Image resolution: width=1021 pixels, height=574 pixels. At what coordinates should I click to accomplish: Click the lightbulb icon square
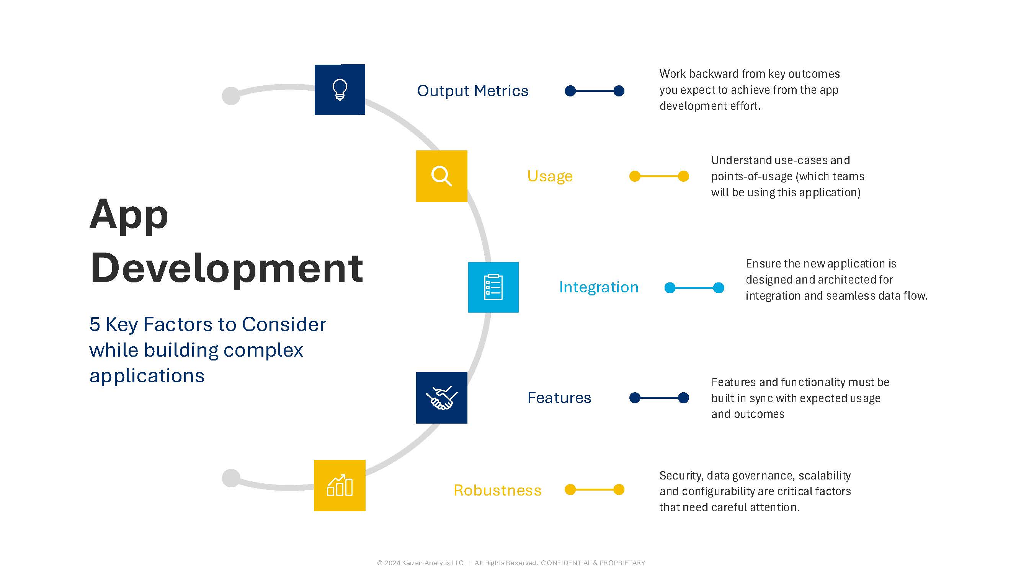coord(340,90)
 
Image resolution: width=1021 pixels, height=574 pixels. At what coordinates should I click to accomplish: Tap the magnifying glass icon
coord(441,176)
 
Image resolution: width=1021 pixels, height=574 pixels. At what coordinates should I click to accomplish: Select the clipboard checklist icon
coord(493,287)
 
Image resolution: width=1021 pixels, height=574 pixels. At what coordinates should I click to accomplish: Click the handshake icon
coord(441,398)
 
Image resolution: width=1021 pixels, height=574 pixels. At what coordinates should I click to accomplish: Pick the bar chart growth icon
coord(340,485)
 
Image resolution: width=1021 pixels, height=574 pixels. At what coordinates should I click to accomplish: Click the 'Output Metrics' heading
coord(472,91)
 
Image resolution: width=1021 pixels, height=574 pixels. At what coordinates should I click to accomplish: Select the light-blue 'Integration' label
coord(598,287)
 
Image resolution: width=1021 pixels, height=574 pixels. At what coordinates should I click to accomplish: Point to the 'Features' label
coord(559,398)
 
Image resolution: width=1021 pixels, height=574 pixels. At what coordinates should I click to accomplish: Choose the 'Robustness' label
coord(497,491)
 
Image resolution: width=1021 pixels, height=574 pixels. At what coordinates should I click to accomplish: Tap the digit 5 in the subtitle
coord(95,325)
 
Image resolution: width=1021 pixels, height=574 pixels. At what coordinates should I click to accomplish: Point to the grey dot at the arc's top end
coord(231,95)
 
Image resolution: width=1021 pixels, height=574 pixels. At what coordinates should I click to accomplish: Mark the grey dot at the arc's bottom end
coord(231,478)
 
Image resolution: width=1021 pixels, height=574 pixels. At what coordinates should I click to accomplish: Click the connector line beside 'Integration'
coord(694,288)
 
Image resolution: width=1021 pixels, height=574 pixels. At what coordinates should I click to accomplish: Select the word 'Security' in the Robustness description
coord(681,476)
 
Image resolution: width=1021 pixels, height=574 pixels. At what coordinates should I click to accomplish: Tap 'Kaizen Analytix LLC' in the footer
coord(433,563)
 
